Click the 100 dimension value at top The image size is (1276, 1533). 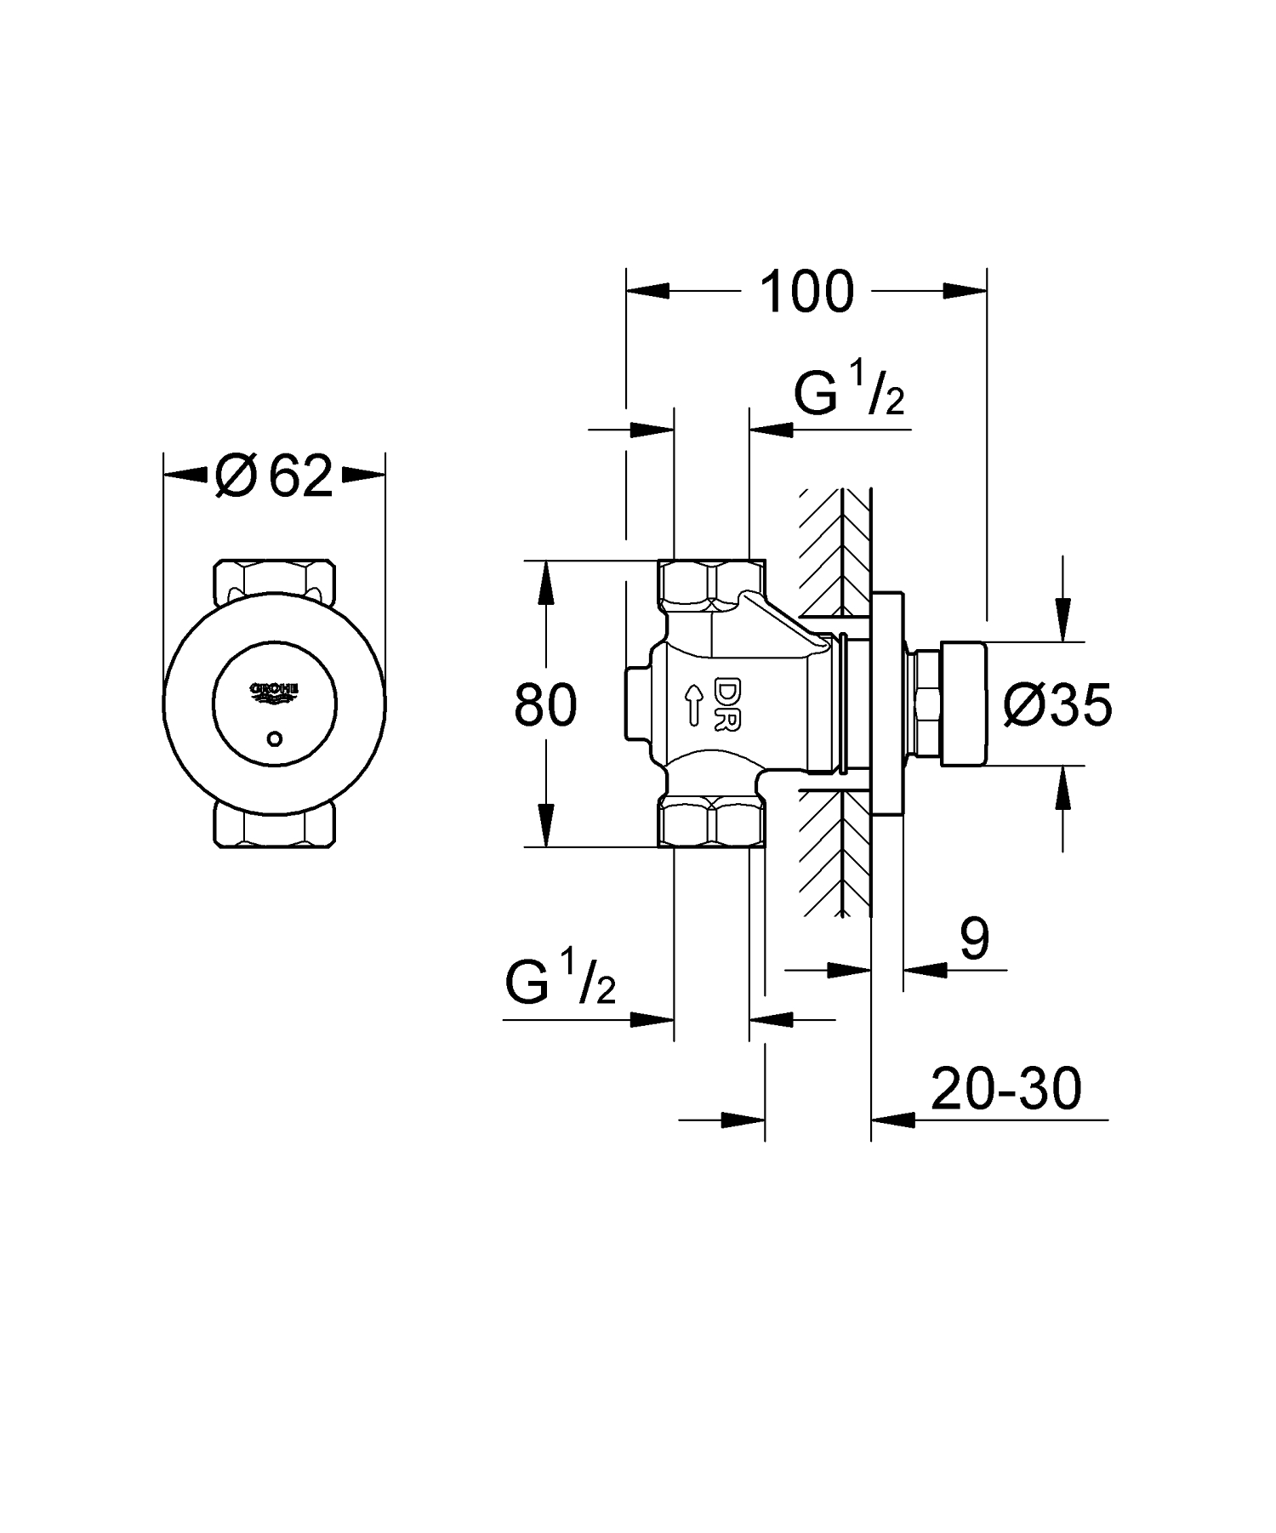tap(806, 292)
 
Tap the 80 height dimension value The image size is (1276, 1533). tap(545, 704)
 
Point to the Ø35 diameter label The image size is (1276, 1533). tap(1057, 705)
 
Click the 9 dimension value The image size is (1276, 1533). tap(975, 940)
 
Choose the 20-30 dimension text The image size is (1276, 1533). tap(1005, 1089)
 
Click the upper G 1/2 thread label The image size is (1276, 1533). tap(849, 393)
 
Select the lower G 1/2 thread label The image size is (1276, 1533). tap(560, 983)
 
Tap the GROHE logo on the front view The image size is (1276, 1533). tap(274, 692)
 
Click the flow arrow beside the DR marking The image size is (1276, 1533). tap(694, 704)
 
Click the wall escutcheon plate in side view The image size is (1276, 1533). tap(887, 704)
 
